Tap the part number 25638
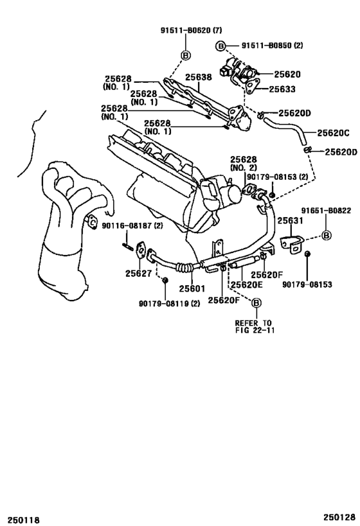[199, 78]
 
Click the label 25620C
[332, 134]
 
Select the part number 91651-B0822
[326, 210]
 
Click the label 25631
[289, 220]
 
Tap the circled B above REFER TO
[256, 302]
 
